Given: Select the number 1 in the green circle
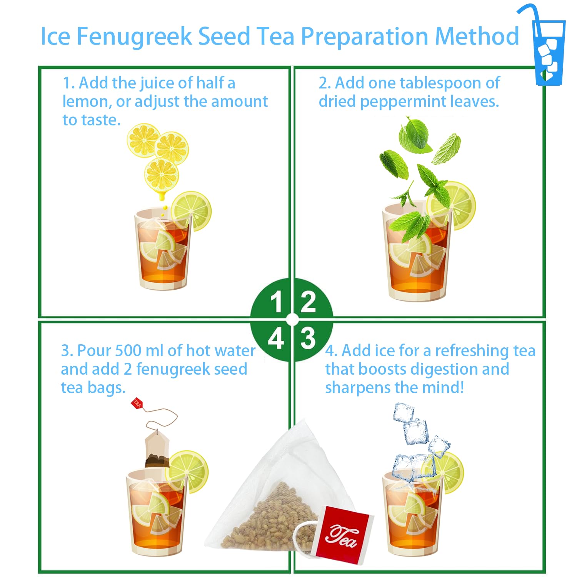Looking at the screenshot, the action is [276, 302].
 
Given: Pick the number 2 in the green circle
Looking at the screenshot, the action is [308, 302].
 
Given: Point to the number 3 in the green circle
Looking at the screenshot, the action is [308, 339].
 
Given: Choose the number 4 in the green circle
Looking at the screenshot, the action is [276, 339].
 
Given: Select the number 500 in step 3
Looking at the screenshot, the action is [129, 350].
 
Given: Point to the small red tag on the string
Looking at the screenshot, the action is [137, 404].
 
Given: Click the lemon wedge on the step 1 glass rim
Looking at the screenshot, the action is [191, 211].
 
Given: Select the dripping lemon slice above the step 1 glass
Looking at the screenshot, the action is [162, 175].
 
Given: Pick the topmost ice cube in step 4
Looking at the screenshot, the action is [404, 412].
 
